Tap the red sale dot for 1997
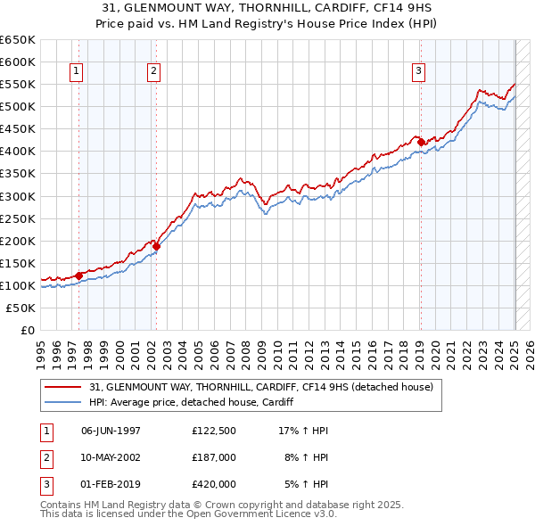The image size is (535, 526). click(78, 275)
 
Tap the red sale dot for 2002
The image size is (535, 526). click(156, 246)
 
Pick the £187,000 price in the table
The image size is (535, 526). click(213, 457)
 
